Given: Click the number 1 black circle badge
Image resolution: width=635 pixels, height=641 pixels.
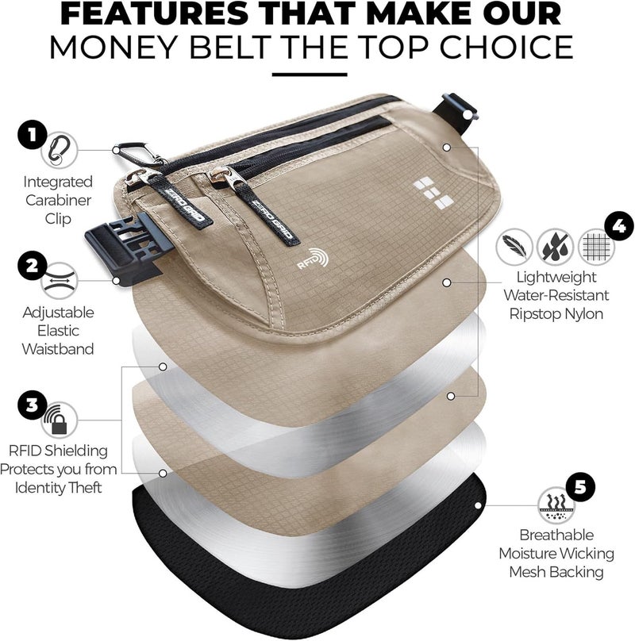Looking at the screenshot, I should click(31, 134).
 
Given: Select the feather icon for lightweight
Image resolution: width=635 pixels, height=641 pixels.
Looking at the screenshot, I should click(512, 246).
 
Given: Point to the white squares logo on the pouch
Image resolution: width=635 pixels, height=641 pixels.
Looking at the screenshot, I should click(421, 190).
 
